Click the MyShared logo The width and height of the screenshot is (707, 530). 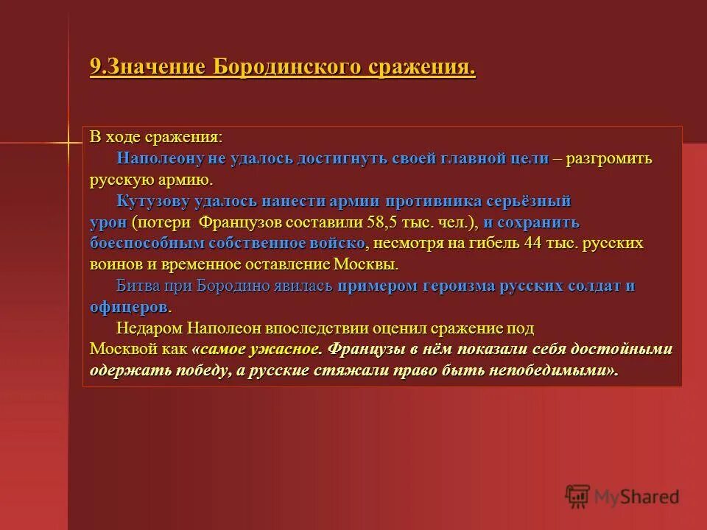coord(622,497)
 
